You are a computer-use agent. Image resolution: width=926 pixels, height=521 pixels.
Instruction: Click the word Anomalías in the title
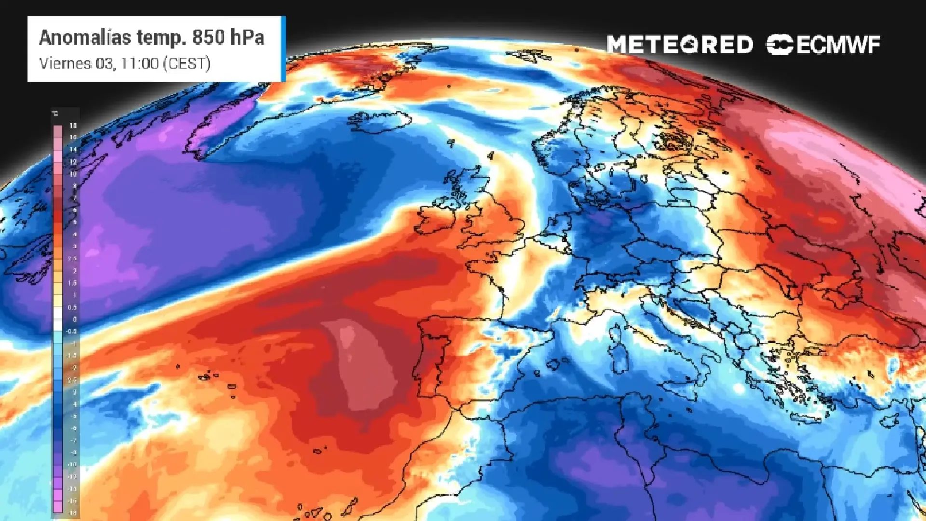85,38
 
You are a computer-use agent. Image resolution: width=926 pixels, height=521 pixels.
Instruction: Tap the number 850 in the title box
208,38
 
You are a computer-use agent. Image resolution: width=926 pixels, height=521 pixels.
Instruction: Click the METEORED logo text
680,45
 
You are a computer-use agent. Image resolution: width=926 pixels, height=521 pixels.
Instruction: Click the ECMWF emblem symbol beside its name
779,45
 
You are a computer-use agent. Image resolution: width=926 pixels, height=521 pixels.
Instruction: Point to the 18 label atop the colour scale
73,125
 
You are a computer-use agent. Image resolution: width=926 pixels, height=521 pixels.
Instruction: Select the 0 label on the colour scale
74,319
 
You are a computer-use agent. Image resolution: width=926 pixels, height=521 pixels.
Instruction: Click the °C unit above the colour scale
55,114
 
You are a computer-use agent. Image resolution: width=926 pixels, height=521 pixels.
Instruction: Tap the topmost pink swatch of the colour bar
57,131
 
